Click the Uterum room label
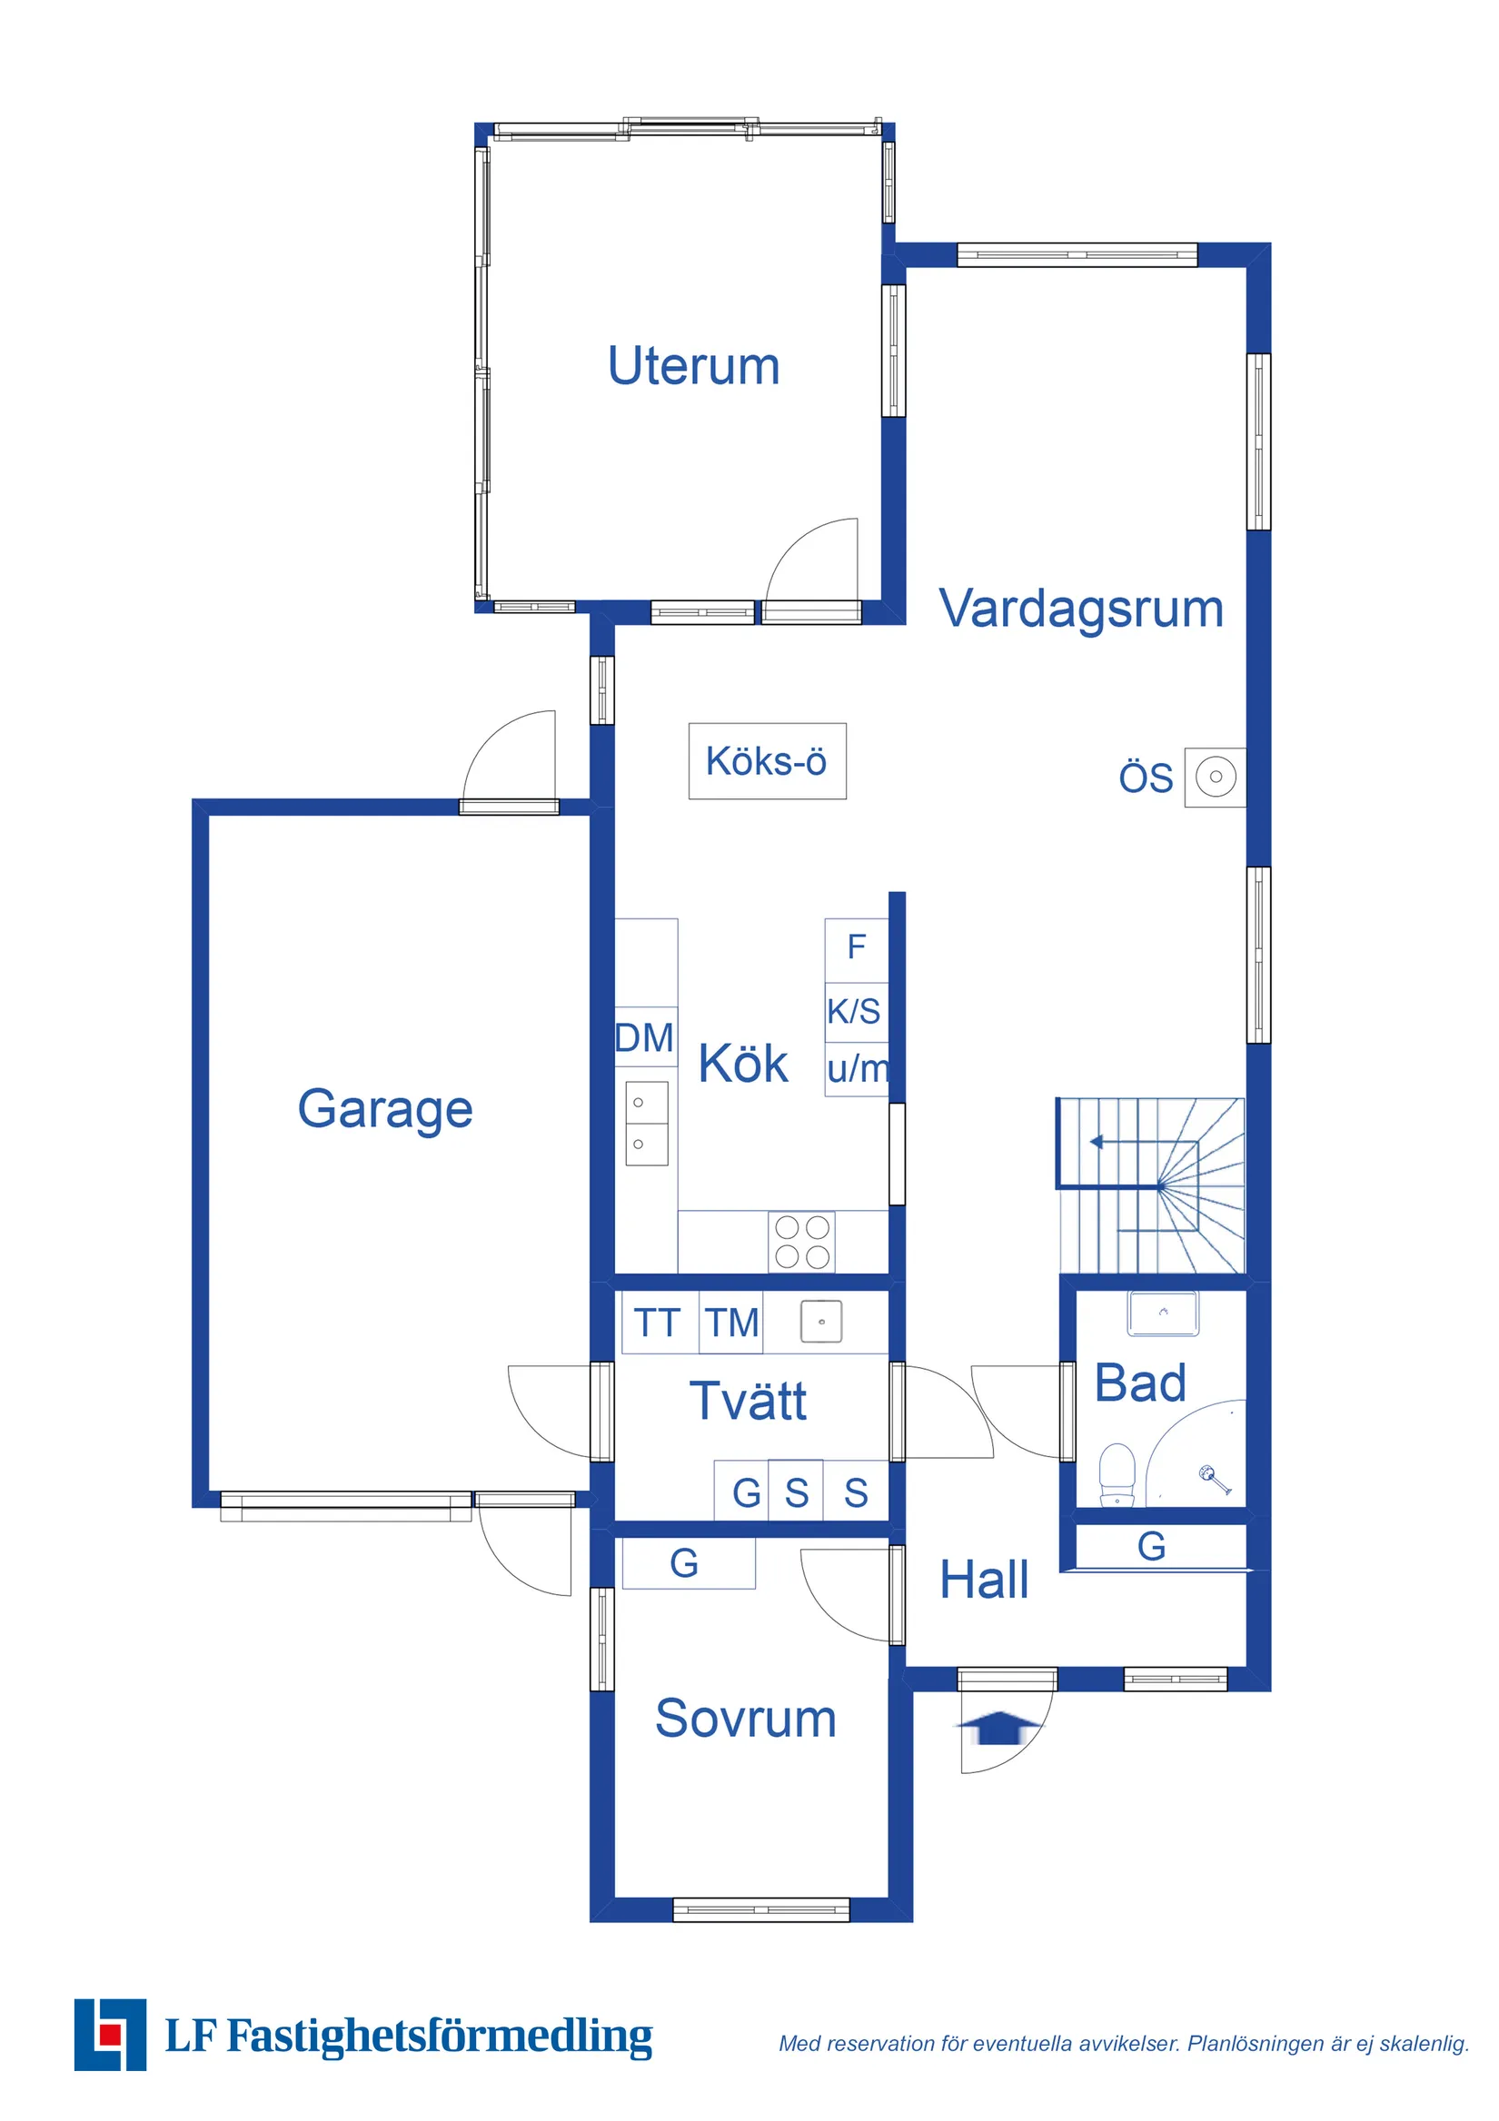point(693,366)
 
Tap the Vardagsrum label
point(1080,609)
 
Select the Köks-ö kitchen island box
point(766,761)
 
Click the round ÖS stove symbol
point(1216,777)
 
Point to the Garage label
point(384,1108)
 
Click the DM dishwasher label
point(644,1037)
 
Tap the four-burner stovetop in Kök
point(801,1243)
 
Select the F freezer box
point(856,947)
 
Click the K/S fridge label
point(853,1012)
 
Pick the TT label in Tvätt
point(656,1323)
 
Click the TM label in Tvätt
point(732,1323)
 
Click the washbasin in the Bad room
point(1163,1313)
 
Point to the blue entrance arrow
point(997,1727)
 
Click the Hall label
point(983,1580)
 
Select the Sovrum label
point(745,1720)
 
